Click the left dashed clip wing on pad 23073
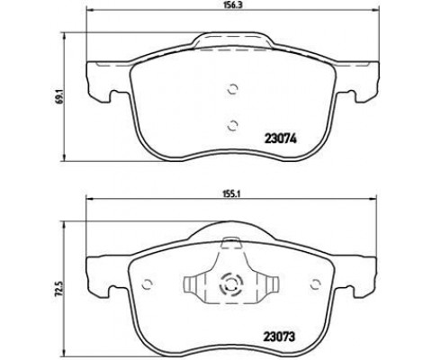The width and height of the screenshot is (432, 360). (x=193, y=285)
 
